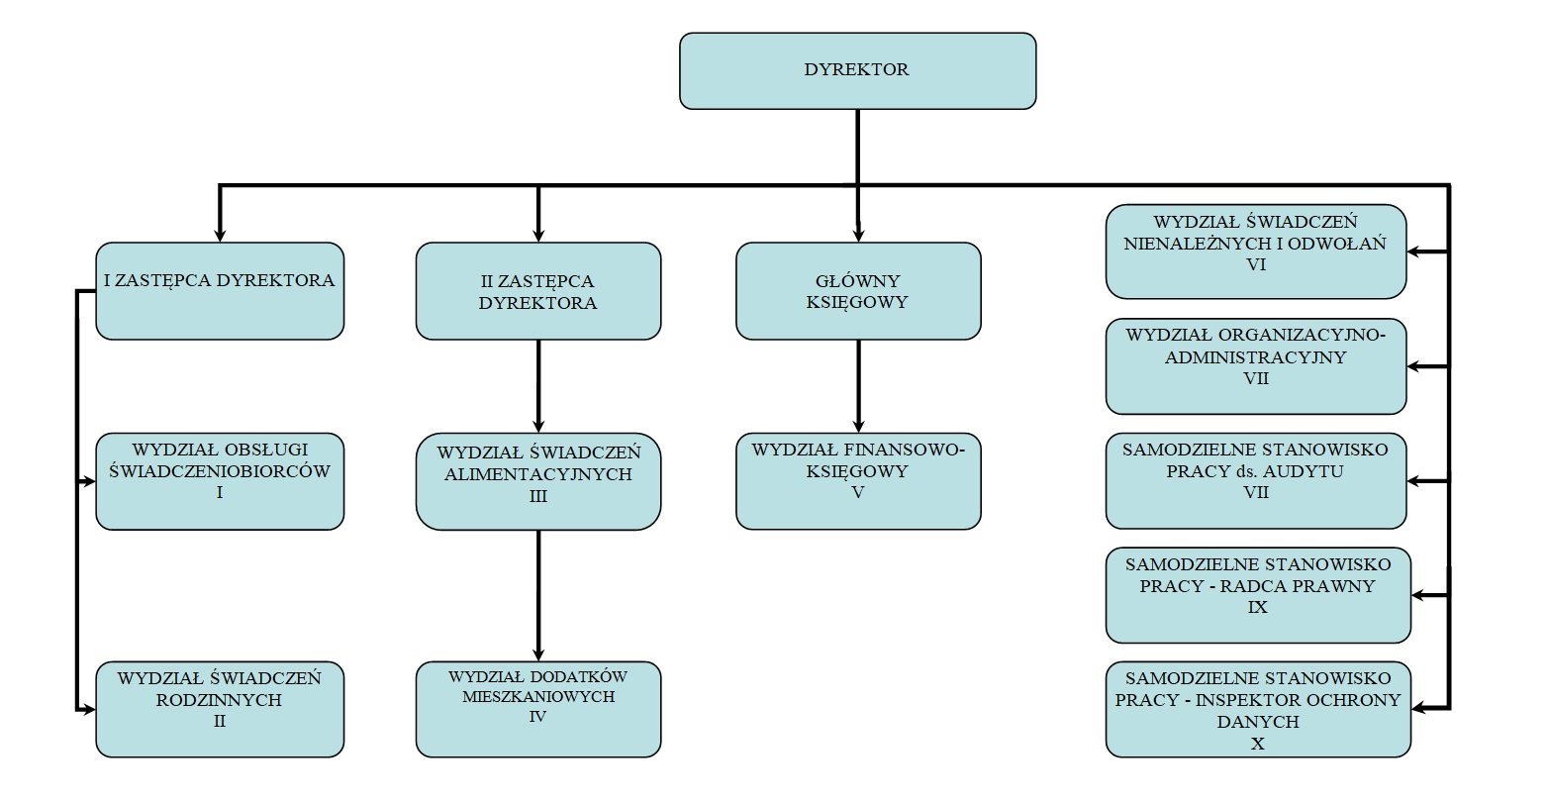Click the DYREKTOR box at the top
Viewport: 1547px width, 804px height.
click(857, 70)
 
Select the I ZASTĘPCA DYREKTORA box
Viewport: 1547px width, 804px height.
click(220, 290)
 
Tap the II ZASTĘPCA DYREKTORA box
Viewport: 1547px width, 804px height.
click(537, 291)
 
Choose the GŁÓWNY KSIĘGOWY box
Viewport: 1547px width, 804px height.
click(858, 291)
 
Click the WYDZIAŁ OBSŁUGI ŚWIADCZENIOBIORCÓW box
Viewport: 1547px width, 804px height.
click(220, 480)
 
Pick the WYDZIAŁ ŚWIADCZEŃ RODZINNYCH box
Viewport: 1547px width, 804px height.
click(220, 709)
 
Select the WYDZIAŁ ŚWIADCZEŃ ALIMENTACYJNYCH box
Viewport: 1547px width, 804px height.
click(537, 480)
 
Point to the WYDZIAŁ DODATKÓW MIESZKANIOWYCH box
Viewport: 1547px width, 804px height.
click(537, 709)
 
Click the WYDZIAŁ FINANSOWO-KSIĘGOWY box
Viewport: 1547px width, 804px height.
click(858, 480)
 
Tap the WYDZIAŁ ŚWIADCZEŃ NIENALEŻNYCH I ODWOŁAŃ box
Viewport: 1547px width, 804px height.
click(1255, 251)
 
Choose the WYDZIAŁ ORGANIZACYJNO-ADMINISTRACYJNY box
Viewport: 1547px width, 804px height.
click(1255, 366)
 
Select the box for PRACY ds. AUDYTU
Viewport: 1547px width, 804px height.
click(1255, 480)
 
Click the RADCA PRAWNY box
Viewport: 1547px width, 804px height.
click(1258, 594)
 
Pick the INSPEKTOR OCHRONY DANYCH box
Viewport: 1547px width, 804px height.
click(1258, 709)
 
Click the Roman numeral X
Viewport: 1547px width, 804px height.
click(1258, 744)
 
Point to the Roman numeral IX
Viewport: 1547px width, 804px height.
click(1258, 607)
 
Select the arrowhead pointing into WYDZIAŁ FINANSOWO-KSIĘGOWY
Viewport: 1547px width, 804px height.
click(858, 426)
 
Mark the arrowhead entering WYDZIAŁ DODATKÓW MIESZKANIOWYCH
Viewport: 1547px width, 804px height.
click(538, 654)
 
